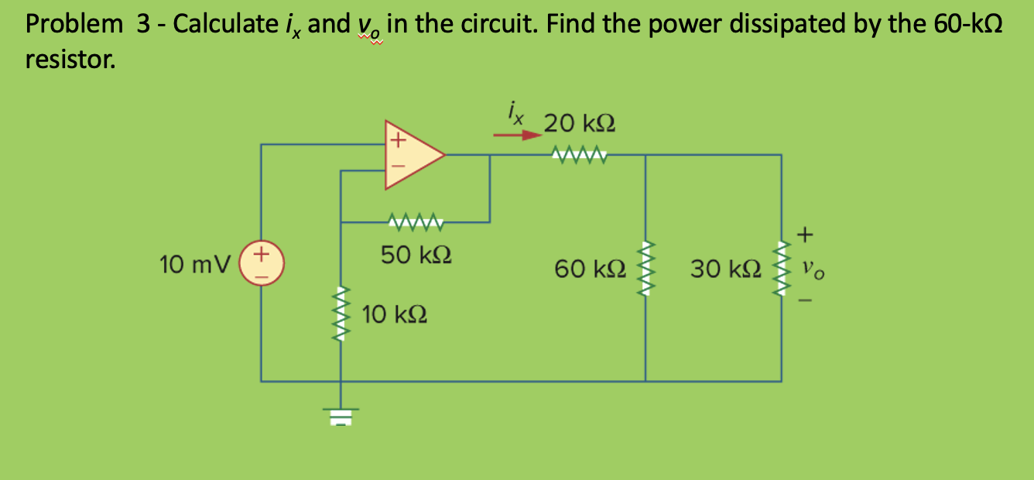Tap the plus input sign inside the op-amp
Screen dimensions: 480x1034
tap(397, 141)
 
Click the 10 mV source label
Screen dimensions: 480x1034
tap(194, 265)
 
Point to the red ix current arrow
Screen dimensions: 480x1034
tap(517, 135)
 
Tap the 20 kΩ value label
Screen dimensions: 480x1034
tap(580, 123)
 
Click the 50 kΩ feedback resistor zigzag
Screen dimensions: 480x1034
tap(416, 223)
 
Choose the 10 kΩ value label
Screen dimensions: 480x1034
tap(395, 315)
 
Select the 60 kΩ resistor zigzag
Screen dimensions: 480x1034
tap(645, 268)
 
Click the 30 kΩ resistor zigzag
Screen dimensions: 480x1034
tap(781, 268)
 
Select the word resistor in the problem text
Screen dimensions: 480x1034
tap(70, 60)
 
